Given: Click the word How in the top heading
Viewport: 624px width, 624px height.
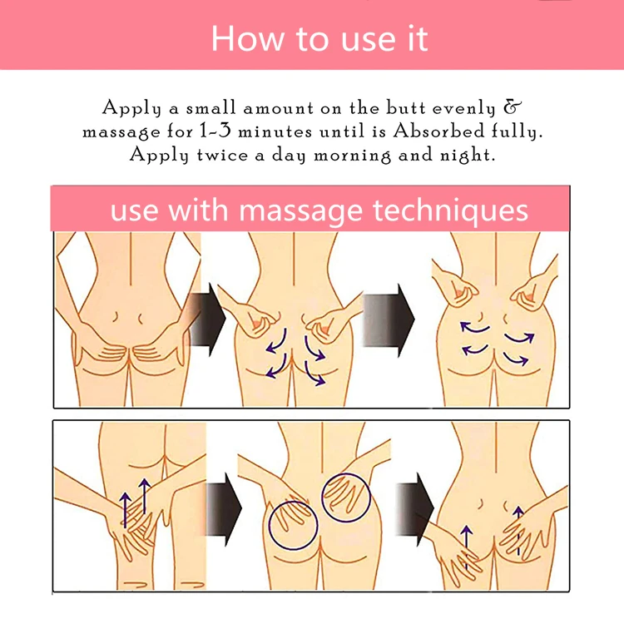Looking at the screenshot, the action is pos(248,39).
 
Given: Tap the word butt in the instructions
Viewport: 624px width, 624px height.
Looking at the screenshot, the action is pos(406,108).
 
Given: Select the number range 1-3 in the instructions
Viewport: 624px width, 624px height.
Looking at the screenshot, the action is pos(215,131).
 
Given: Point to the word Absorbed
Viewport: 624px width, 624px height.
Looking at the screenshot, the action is pos(439,131).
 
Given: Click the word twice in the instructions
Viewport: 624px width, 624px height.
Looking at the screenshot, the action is pos(222,155).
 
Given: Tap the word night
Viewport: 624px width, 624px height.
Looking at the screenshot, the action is pos(467,156).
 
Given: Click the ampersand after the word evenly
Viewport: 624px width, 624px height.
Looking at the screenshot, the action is pos(513,107).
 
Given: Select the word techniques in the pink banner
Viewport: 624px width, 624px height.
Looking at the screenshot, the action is pos(450,210).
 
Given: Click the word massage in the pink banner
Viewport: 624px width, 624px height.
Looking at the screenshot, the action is pos(300,212).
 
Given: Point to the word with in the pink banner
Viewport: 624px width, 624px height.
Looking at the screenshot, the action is pos(198,210).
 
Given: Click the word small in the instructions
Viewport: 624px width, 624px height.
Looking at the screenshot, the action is pos(211,108).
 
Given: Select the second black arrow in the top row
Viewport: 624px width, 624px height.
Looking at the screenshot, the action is pos(388,319).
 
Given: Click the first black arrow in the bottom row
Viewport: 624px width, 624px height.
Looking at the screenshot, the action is pos(224,509).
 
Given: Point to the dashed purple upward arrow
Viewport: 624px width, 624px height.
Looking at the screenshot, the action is pos(518,531).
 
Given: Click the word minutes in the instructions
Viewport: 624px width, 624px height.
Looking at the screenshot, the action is pos(275,131).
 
